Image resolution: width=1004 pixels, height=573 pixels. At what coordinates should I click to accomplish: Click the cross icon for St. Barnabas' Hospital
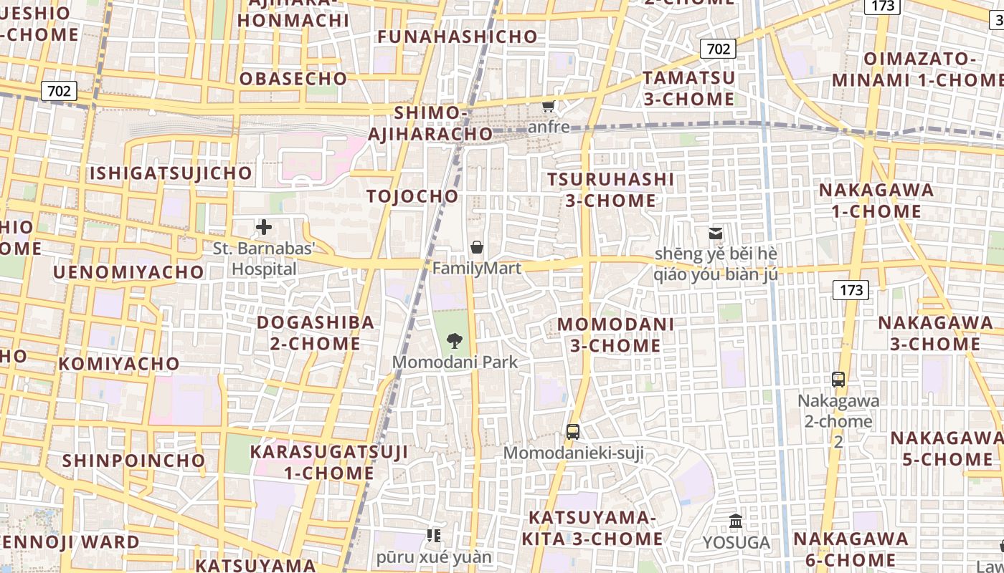pyautogui.click(x=264, y=228)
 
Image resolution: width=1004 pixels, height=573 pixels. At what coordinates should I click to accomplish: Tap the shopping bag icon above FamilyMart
pyautogui.click(x=476, y=248)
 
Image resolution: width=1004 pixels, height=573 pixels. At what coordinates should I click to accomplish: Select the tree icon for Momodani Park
pyautogui.click(x=454, y=341)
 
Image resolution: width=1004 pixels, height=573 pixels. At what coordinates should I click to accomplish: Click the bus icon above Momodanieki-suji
pyautogui.click(x=572, y=432)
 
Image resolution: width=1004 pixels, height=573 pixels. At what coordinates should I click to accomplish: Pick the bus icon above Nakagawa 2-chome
pyautogui.click(x=838, y=380)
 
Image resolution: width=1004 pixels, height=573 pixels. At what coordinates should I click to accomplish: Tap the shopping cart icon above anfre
pyautogui.click(x=549, y=107)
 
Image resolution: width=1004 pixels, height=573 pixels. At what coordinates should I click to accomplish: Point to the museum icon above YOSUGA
pyautogui.click(x=736, y=521)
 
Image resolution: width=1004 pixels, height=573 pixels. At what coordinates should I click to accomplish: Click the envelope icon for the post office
pyautogui.click(x=715, y=233)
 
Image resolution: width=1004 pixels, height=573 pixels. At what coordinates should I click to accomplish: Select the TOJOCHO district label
pyautogui.click(x=412, y=196)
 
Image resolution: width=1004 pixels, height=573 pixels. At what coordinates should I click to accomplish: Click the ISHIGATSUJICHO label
pyautogui.click(x=171, y=173)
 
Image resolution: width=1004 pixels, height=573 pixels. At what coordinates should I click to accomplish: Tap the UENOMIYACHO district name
pyautogui.click(x=129, y=272)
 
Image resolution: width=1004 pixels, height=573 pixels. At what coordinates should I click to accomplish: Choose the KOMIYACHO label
pyautogui.click(x=119, y=364)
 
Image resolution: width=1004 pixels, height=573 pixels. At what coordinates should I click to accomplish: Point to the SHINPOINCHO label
pyautogui.click(x=134, y=461)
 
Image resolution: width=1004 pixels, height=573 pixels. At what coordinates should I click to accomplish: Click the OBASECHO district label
pyautogui.click(x=293, y=79)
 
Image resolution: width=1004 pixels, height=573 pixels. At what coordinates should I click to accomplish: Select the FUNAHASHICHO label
pyautogui.click(x=458, y=37)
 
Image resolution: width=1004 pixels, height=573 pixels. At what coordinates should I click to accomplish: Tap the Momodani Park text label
pyautogui.click(x=455, y=362)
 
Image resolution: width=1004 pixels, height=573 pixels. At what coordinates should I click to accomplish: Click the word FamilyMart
pyautogui.click(x=476, y=269)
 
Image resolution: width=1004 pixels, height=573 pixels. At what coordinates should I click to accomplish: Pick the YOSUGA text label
pyautogui.click(x=737, y=543)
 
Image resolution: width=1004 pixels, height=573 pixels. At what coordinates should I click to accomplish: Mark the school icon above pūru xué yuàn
pyautogui.click(x=433, y=536)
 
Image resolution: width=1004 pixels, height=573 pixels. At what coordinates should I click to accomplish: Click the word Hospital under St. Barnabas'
pyautogui.click(x=264, y=269)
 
